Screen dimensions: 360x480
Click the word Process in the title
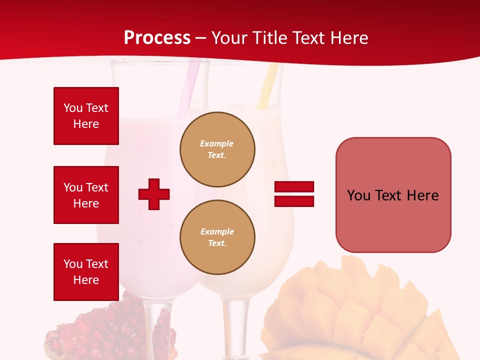pyautogui.click(x=157, y=38)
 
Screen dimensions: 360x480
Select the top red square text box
pyautogui.click(x=86, y=116)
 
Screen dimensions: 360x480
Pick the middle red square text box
pyautogui.click(x=86, y=195)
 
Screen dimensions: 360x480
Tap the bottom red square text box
pyautogui.click(x=86, y=272)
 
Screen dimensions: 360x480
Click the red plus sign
pyautogui.click(x=154, y=194)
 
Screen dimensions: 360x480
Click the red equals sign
pyautogui.click(x=294, y=194)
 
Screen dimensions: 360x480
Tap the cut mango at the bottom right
pyautogui.click(x=360, y=310)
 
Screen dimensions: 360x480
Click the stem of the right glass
pyautogui.click(x=239, y=325)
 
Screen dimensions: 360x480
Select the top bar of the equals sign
pyautogui.click(x=294, y=186)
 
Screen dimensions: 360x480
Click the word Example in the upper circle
pyautogui.click(x=217, y=143)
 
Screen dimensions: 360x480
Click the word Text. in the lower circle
pyautogui.click(x=217, y=243)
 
